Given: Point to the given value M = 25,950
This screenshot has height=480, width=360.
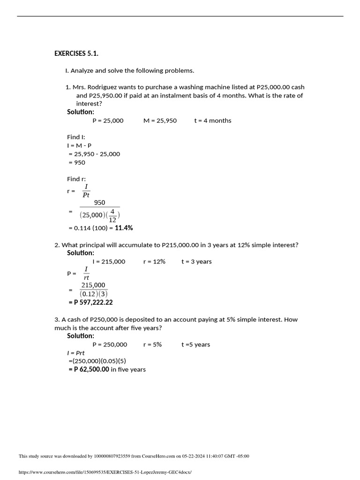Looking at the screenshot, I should [160, 120].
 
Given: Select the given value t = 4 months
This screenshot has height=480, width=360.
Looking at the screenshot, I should [212, 120].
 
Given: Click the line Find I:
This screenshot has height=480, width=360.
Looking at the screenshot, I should [76, 137].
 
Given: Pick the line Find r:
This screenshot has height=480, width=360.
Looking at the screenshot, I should [76, 179].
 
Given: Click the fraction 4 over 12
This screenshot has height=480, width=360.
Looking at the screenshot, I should [112, 215].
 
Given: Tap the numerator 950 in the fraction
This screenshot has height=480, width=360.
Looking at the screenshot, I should [99, 202].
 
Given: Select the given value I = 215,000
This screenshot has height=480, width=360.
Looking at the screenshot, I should [109, 262].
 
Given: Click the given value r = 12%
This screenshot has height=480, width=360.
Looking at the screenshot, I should [154, 262].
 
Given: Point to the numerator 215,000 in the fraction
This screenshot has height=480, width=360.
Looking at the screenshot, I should [93, 285].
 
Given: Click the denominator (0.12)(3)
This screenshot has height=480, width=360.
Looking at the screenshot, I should [94, 294].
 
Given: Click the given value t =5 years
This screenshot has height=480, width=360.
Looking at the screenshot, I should [195, 345].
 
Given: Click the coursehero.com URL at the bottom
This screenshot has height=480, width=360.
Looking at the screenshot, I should [105, 472].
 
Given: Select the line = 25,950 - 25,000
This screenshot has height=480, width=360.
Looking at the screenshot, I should [94, 154].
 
